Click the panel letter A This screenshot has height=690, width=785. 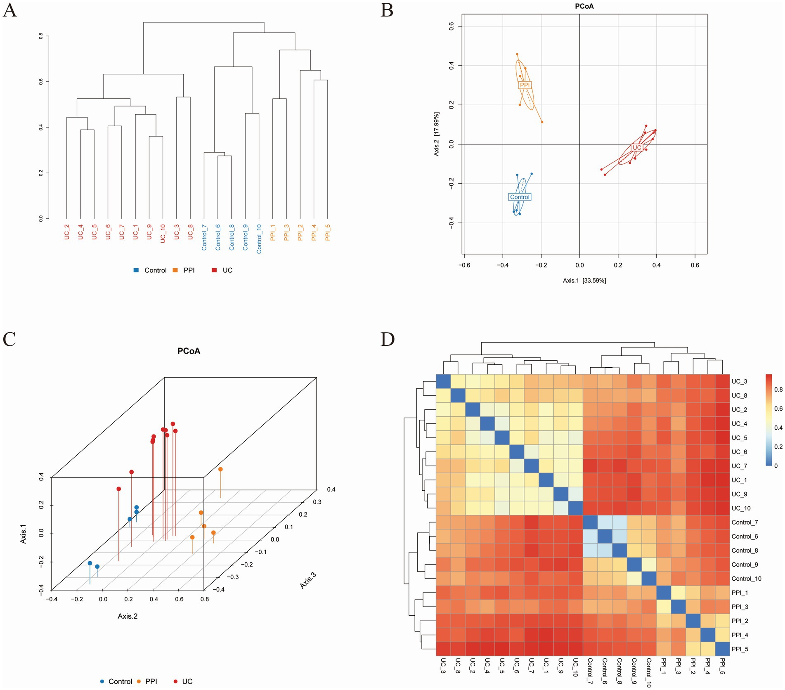coord(9,10)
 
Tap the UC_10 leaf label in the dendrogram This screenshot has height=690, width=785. coord(163,234)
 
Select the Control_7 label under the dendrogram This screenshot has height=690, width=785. coord(204,237)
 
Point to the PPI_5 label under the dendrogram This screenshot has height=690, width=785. coord(328,233)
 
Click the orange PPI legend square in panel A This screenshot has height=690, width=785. coord(175,270)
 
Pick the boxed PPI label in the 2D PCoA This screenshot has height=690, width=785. coord(525,85)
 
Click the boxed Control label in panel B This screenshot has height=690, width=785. coord(520,197)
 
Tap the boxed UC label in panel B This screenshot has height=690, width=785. coord(637,147)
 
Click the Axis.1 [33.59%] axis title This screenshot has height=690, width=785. coord(584,281)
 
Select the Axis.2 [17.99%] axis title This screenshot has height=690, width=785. coord(436,134)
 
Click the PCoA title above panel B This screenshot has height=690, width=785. coord(584,6)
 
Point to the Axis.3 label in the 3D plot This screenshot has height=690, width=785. coord(308,580)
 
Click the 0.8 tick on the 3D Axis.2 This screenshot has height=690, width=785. coord(204,599)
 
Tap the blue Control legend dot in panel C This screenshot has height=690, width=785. coord(102,681)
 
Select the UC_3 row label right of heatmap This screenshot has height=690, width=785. coord(739,382)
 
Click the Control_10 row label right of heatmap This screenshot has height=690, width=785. coord(746,579)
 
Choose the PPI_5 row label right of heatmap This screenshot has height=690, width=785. coord(740,649)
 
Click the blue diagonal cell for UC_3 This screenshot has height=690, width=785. coord(443,381)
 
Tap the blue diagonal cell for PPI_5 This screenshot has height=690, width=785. coord(722,649)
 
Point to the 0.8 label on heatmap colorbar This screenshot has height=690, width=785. coord(778,389)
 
